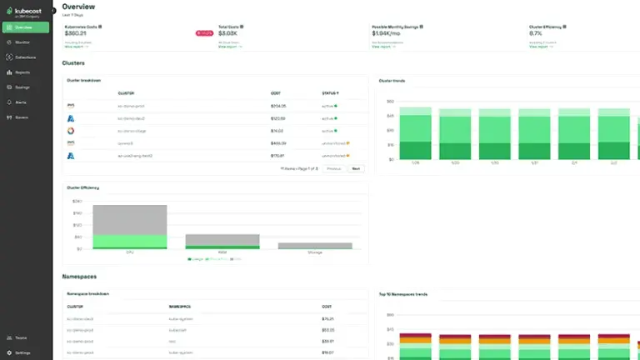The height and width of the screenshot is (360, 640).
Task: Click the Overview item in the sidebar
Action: coord(25,27)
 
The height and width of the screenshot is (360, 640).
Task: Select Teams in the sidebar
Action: coord(22,337)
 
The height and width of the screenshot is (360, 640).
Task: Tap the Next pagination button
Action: coord(356,168)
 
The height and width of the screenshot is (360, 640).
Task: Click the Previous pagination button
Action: coord(334,168)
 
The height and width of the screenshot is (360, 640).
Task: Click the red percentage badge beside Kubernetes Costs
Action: coord(204,33)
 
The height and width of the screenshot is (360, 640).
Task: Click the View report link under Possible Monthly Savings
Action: coord(382,47)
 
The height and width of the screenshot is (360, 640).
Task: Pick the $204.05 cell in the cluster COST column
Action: coord(278,106)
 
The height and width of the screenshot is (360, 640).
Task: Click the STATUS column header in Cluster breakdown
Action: coord(331,93)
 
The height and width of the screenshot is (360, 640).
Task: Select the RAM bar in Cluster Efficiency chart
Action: coord(222,241)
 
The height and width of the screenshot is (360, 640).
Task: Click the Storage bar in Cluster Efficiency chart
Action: coord(314,246)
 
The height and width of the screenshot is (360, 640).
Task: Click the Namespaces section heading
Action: coord(80,275)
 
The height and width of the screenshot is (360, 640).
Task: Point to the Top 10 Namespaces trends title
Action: coord(405,294)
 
